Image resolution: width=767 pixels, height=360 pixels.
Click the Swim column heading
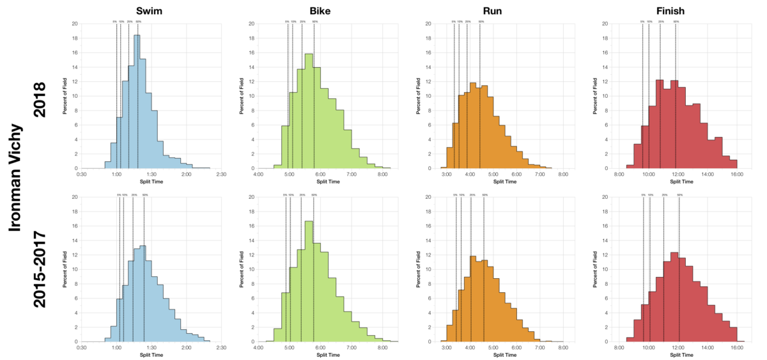tap(151, 10)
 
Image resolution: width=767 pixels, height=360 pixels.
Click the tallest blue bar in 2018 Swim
tap(137, 102)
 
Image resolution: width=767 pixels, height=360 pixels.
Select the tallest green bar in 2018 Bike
tap(309, 112)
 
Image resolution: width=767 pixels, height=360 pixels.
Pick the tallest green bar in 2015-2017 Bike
tap(309, 281)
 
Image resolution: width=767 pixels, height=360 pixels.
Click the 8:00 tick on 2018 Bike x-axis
tap(382, 174)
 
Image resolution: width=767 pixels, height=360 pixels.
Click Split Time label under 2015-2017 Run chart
tap(504, 355)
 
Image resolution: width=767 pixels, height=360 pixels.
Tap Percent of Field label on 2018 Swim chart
tap(65, 96)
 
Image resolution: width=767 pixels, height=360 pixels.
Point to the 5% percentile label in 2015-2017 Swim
tap(119, 195)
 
